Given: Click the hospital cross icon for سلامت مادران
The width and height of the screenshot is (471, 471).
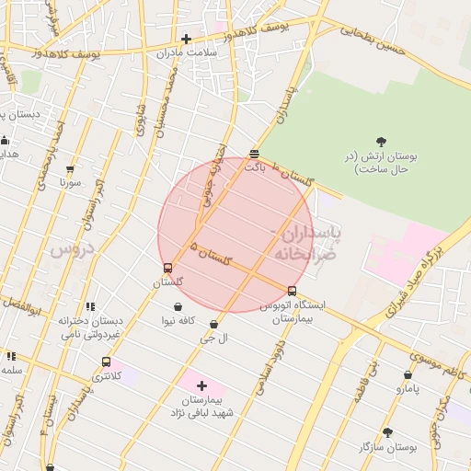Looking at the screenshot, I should pos(187,39).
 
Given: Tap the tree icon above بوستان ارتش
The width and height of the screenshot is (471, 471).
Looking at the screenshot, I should pos(382,142).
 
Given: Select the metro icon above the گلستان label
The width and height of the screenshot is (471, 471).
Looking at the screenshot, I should pos(167,269).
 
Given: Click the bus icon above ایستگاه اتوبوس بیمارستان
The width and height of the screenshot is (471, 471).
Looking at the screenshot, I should pos(292,292).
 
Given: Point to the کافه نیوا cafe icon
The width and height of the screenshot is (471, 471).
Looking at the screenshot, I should pos(177,306).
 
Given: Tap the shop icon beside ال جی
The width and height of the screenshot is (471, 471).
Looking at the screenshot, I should pos(213,324).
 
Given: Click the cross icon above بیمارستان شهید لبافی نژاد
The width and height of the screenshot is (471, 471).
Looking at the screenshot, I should pos(202,385).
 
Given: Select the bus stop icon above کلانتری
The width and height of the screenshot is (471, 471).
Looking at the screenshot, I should pos(106,362).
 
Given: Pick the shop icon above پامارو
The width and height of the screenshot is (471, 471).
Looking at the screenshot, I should pos(408,374).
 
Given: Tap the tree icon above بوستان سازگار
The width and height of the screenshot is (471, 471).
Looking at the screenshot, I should pos(387,431).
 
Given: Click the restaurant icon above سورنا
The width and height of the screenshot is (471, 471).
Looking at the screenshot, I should pos(72,167).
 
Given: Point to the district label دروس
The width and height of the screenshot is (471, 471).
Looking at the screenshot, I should pos(73,249).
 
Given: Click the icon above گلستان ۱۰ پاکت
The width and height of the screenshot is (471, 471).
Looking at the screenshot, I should pos(254,154).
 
